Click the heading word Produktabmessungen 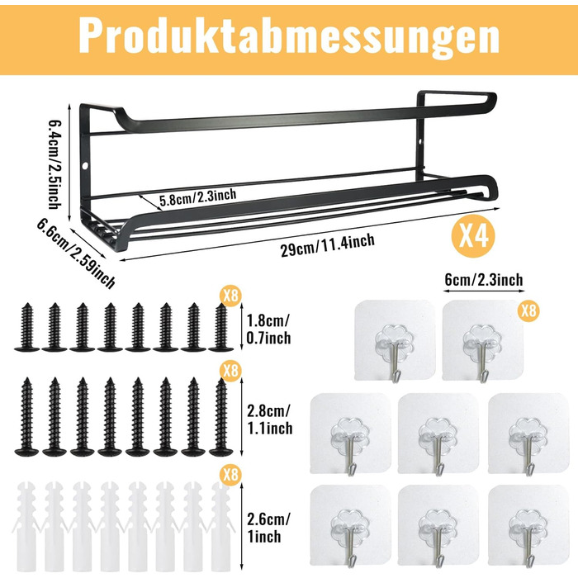[289, 36]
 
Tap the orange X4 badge [473, 236]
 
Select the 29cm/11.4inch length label [328, 245]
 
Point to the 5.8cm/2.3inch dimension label [198, 197]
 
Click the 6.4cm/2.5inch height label [54, 164]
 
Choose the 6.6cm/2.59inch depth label [76, 253]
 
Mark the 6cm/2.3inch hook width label [484, 280]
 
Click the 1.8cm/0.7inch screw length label [268, 329]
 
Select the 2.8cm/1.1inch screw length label [269, 419]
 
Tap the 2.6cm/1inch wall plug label [268, 528]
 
